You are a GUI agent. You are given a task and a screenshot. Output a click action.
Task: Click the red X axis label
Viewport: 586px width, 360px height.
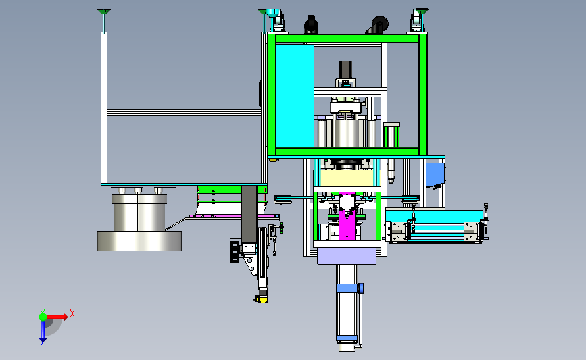[x=72, y=313]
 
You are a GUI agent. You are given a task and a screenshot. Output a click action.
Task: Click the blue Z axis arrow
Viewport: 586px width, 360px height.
[x=43, y=331]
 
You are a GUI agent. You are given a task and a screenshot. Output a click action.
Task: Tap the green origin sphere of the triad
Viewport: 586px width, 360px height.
[x=43, y=317]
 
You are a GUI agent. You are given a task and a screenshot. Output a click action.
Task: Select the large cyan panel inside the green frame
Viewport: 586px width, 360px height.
[x=295, y=96]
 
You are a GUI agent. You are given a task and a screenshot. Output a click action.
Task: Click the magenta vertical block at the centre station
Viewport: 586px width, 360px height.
[x=347, y=220]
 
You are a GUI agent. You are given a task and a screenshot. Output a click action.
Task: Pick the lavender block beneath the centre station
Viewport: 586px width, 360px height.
[x=347, y=256]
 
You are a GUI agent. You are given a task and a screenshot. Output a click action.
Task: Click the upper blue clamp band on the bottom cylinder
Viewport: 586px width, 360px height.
[x=347, y=288]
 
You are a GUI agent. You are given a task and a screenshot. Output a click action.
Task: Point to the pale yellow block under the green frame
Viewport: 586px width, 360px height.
[x=347, y=178]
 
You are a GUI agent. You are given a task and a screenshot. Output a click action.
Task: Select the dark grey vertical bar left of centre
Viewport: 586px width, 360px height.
[x=249, y=214]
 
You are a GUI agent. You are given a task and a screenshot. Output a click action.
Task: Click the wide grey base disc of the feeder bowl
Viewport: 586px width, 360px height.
[x=139, y=241]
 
